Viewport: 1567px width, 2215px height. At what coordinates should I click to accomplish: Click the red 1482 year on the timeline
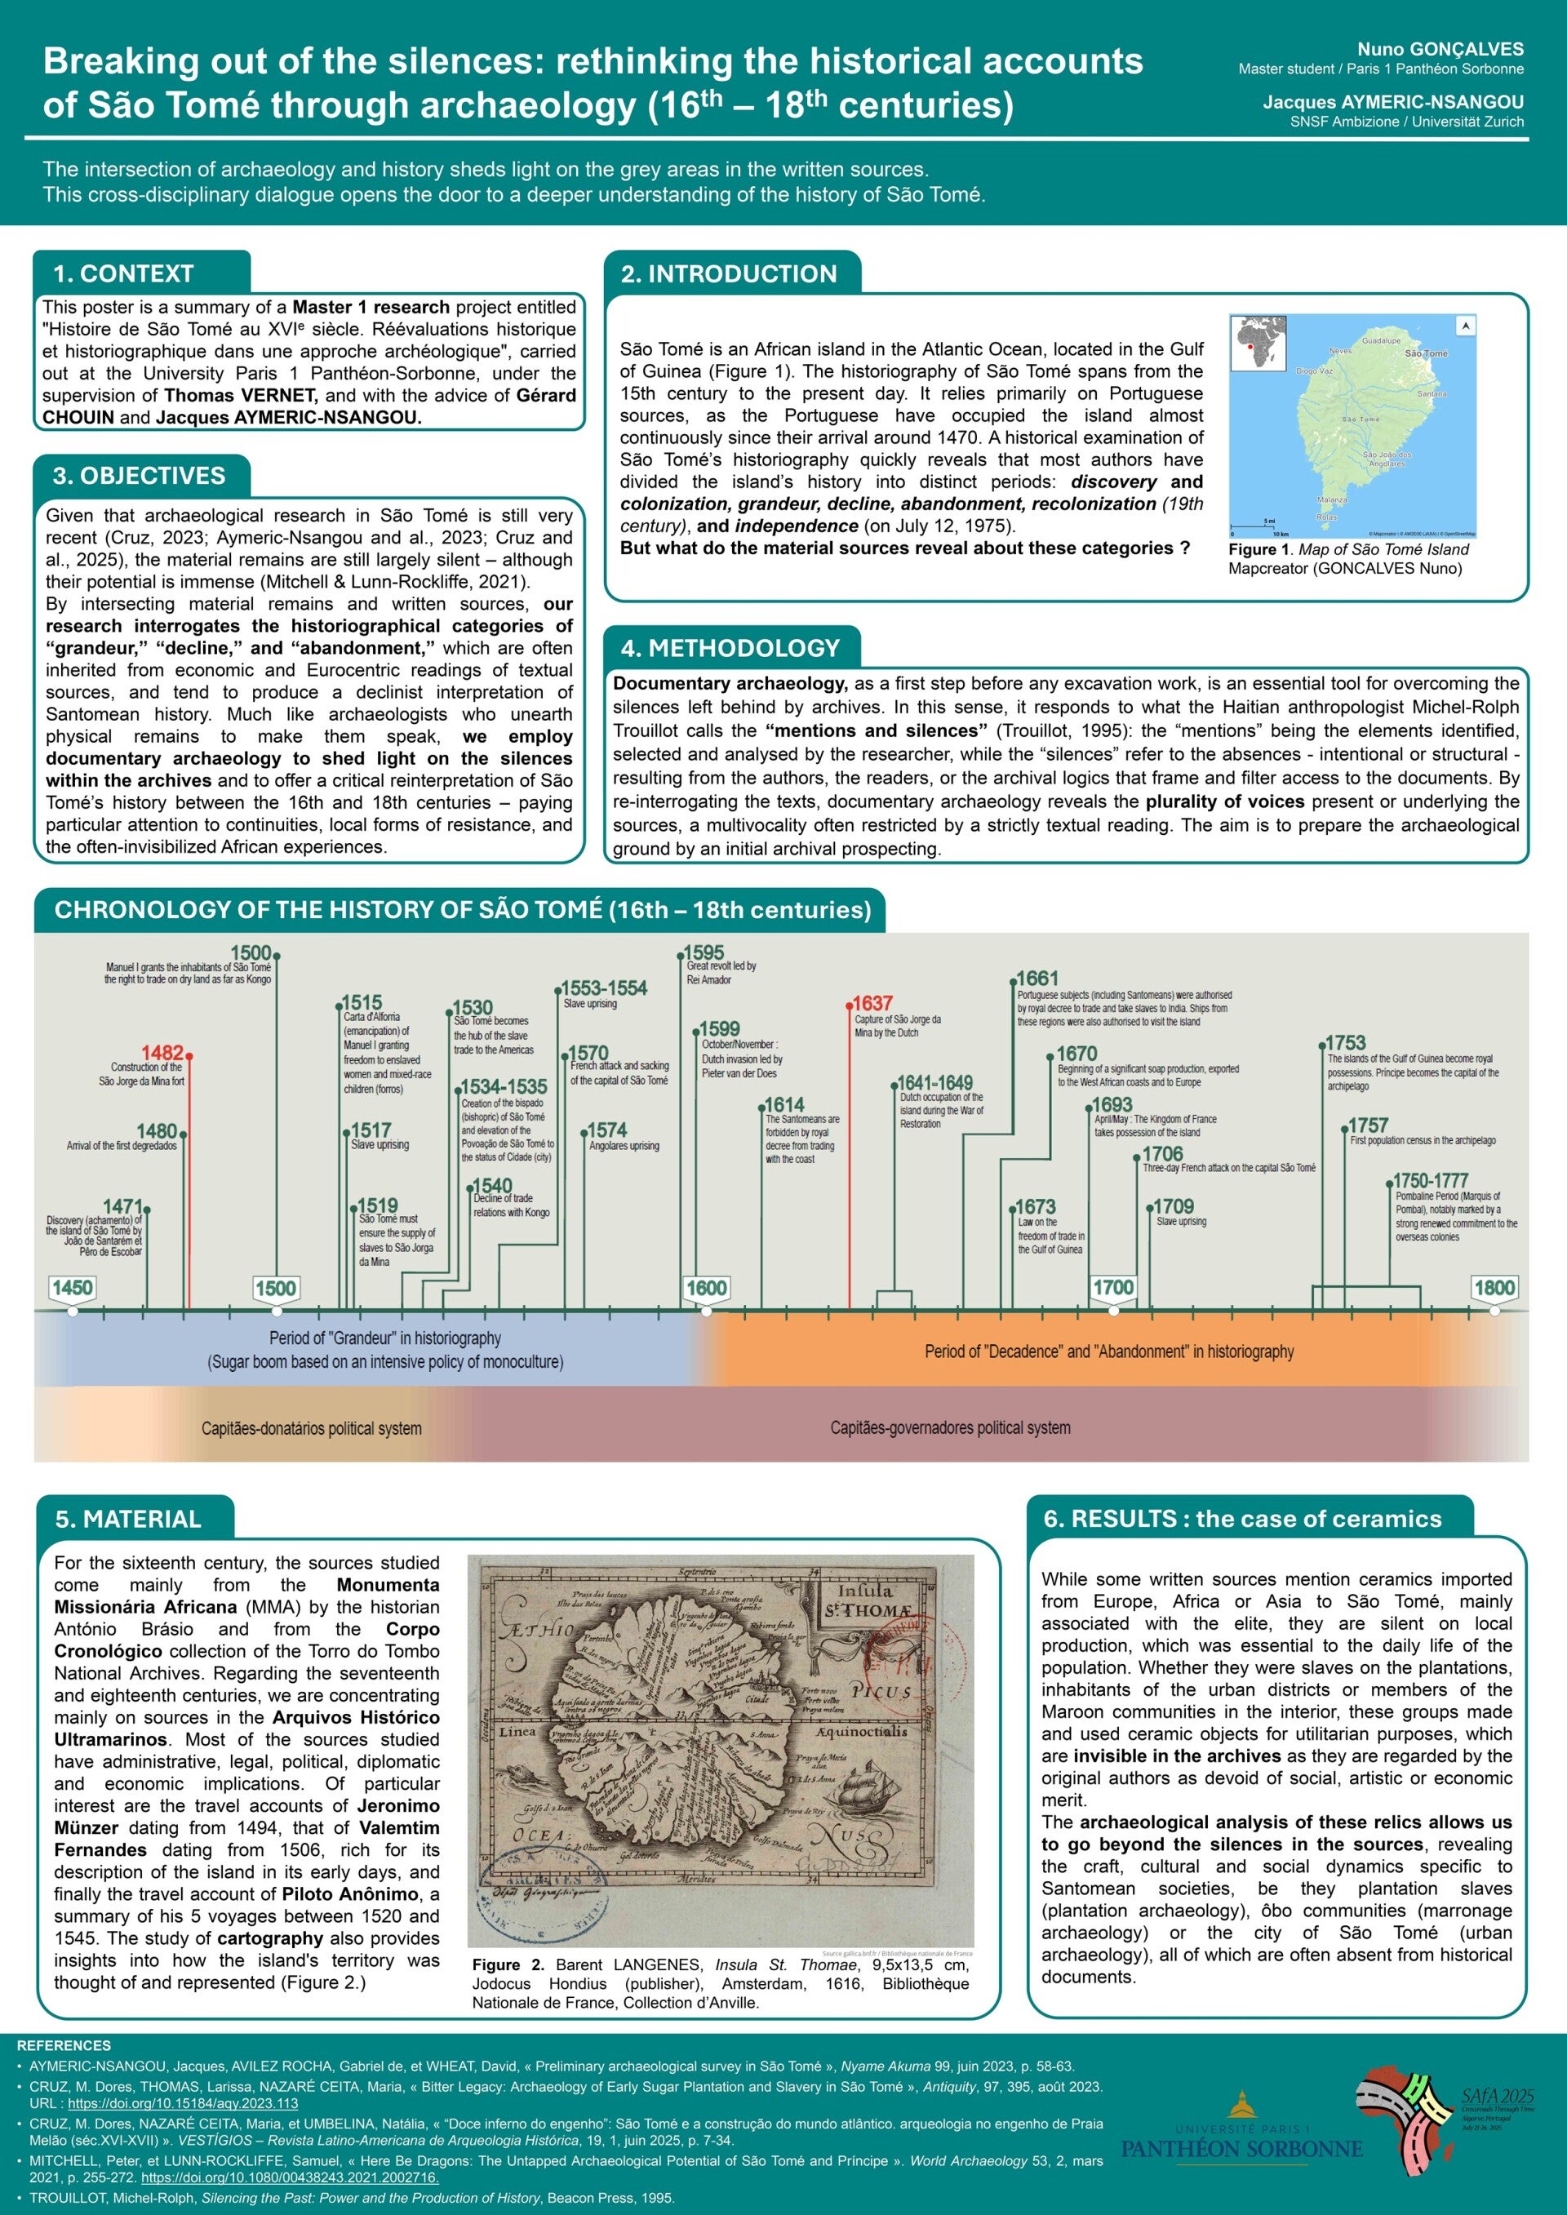point(162,1053)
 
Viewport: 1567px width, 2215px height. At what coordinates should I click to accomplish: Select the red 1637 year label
point(872,1003)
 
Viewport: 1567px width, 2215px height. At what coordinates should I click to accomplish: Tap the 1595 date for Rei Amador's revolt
point(704,952)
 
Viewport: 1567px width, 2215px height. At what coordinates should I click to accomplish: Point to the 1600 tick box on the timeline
point(706,1287)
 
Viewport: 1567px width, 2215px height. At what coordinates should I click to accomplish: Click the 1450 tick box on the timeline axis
point(73,1287)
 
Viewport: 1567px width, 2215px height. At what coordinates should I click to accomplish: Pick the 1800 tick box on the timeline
point(1494,1287)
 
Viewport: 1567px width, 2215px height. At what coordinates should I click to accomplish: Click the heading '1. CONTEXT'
point(123,274)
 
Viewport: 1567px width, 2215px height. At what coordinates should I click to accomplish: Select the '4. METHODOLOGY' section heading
point(730,648)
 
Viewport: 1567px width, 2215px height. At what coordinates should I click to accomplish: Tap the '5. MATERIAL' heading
point(128,1520)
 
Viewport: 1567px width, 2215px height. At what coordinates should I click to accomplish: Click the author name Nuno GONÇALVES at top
point(1440,49)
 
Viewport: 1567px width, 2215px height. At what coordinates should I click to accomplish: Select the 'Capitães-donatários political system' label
point(312,1427)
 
